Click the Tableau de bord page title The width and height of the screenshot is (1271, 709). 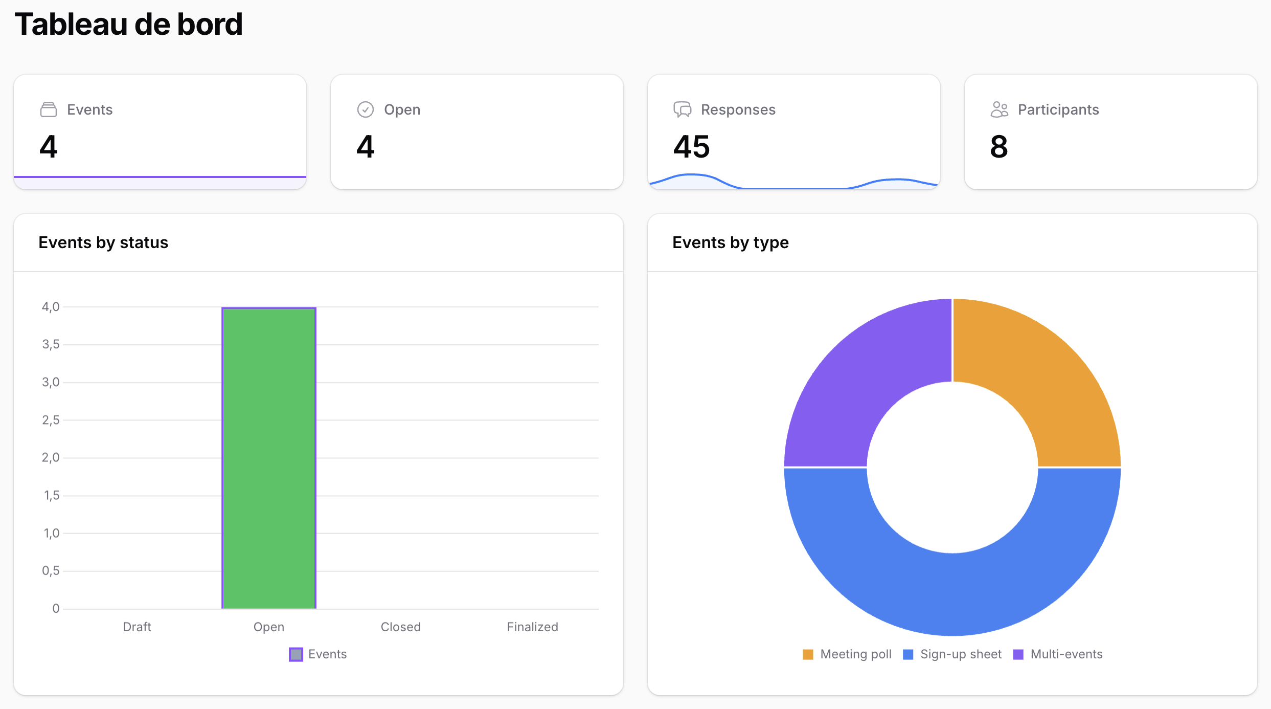coord(128,24)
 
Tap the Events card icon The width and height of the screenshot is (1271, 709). coord(49,109)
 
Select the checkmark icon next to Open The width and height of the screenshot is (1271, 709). coord(365,109)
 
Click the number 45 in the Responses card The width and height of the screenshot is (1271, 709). coord(691,147)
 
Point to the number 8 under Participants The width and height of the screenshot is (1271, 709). coord(998,147)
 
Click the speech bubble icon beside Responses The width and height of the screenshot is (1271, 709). coord(682,109)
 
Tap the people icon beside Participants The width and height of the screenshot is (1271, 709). coord(999,109)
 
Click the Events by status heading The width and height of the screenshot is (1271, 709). coord(103,242)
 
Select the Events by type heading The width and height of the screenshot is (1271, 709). coord(730,242)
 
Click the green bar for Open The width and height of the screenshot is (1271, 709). coord(269,458)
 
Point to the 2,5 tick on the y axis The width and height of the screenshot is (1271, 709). coord(51,420)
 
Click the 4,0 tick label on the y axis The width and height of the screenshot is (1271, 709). coord(51,307)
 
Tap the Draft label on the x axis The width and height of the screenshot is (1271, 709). coord(137,627)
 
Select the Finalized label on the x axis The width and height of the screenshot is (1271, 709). coord(532,627)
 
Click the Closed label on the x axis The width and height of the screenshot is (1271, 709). coord(400,627)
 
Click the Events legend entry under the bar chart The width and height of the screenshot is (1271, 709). coord(318,654)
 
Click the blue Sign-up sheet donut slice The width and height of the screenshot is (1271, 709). coord(952,593)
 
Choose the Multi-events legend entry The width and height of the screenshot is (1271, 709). coord(1058,654)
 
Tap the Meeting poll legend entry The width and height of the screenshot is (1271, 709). coord(848,654)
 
